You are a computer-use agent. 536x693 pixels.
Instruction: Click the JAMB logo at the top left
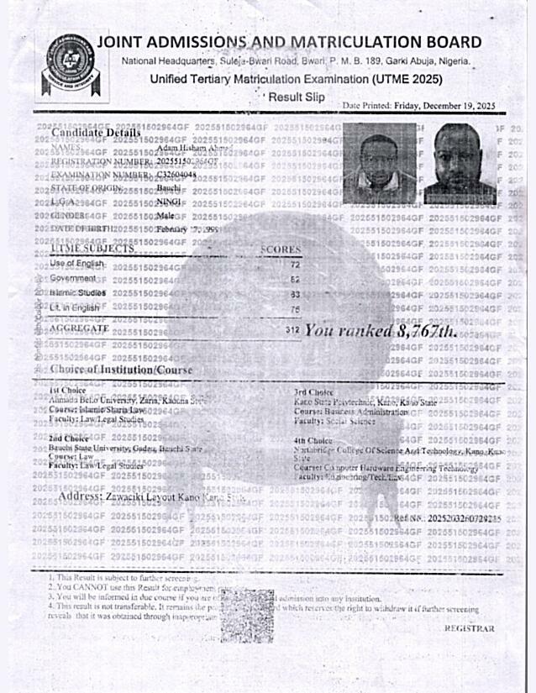70,66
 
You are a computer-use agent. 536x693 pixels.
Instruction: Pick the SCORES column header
281,249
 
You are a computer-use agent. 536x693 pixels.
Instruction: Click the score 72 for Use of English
295,264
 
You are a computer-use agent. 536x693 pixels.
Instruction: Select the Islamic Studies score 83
295,294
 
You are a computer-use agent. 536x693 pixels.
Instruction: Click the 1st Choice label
65,391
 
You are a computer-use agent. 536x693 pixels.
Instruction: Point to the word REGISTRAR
469,628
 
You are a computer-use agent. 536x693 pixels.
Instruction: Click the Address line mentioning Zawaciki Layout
151,497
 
